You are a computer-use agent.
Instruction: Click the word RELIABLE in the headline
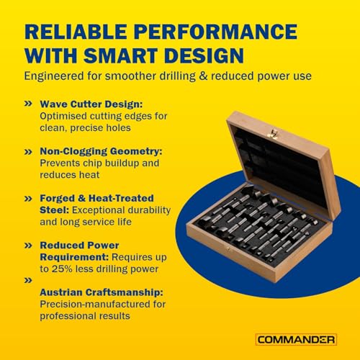click(76, 32)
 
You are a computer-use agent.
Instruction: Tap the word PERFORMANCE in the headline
click(216, 32)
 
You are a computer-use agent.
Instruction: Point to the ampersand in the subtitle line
click(203, 76)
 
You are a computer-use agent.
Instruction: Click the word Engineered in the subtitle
click(54, 76)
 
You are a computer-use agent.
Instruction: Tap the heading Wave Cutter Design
click(91, 104)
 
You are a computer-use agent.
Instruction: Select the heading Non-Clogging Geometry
click(101, 151)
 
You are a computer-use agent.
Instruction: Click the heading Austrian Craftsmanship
click(102, 292)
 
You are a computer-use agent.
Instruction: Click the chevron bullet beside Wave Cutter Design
click(28, 104)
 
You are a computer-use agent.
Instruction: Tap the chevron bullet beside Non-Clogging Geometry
click(28, 152)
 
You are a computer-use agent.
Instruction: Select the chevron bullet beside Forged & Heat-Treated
click(28, 199)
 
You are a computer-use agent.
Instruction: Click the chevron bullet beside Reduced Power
click(28, 246)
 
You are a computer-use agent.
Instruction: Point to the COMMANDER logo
click(296, 340)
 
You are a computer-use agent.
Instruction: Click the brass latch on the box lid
click(274, 134)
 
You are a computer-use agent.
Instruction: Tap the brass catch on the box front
click(228, 249)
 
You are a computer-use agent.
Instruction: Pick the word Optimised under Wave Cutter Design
click(63, 117)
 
